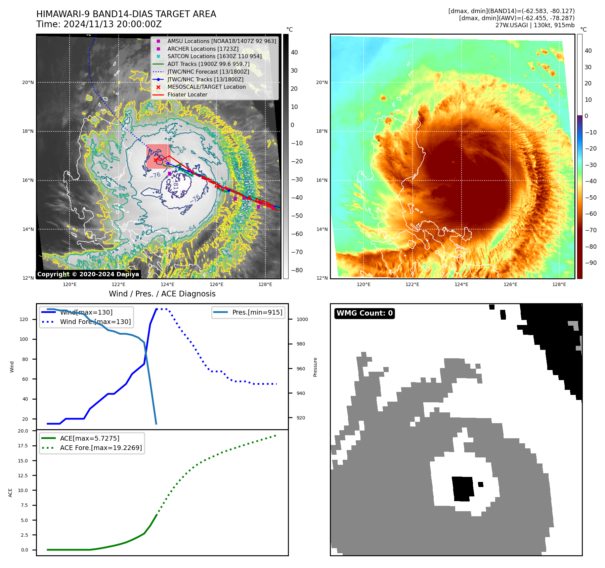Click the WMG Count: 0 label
(364, 313)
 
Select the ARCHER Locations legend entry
(203, 49)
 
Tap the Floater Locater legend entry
(187, 94)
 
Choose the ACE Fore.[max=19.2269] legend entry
(101, 448)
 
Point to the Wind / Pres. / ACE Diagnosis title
(162, 294)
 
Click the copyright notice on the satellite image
(88, 274)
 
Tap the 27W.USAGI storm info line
(535, 25)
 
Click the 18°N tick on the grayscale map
(28, 131)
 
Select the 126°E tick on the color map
(510, 284)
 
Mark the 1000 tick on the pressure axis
(302, 319)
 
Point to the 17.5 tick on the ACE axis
(23, 446)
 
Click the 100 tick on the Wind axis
(24, 339)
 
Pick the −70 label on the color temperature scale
(591, 230)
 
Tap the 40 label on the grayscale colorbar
(294, 52)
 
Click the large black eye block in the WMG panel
(463, 489)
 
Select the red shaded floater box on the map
(158, 156)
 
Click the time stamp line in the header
(99, 25)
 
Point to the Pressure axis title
(315, 367)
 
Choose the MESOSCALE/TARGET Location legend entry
(206, 87)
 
